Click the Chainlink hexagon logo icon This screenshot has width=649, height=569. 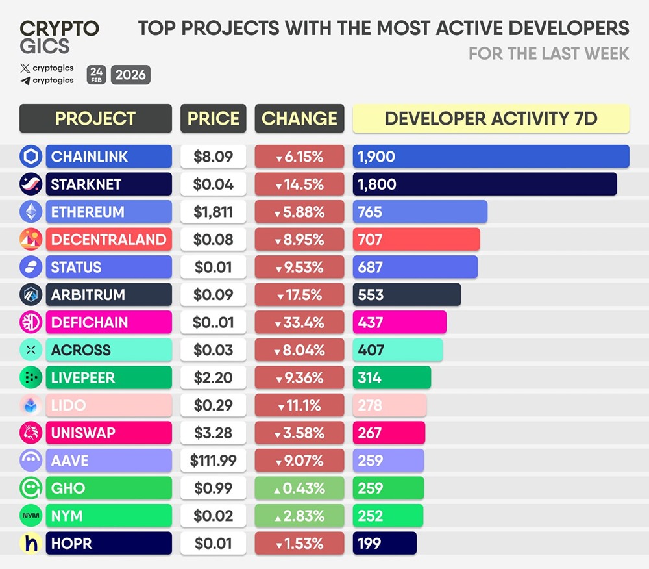(31, 157)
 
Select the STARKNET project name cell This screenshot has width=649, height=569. (108, 184)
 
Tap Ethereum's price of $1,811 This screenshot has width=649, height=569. (213, 212)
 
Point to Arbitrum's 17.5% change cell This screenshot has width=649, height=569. (299, 294)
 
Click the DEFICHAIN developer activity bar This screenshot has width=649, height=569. (399, 322)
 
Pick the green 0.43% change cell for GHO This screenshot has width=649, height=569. (299, 488)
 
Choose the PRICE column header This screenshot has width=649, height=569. (213, 118)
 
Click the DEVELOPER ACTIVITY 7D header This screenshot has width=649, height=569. (491, 118)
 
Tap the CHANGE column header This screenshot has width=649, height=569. (299, 118)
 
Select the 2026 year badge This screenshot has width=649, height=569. (130, 75)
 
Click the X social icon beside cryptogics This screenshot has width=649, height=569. (25, 68)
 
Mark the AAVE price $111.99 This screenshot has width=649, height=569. (213, 461)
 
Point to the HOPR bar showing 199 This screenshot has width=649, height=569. (384, 543)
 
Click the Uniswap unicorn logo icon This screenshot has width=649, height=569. (31, 433)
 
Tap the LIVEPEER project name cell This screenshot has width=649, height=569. (108, 377)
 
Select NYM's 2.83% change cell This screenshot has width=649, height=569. (299, 516)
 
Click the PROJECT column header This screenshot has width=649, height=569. (95, 118)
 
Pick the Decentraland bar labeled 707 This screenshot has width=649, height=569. (416, 239)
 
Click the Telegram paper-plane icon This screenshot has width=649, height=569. (25, 81)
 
